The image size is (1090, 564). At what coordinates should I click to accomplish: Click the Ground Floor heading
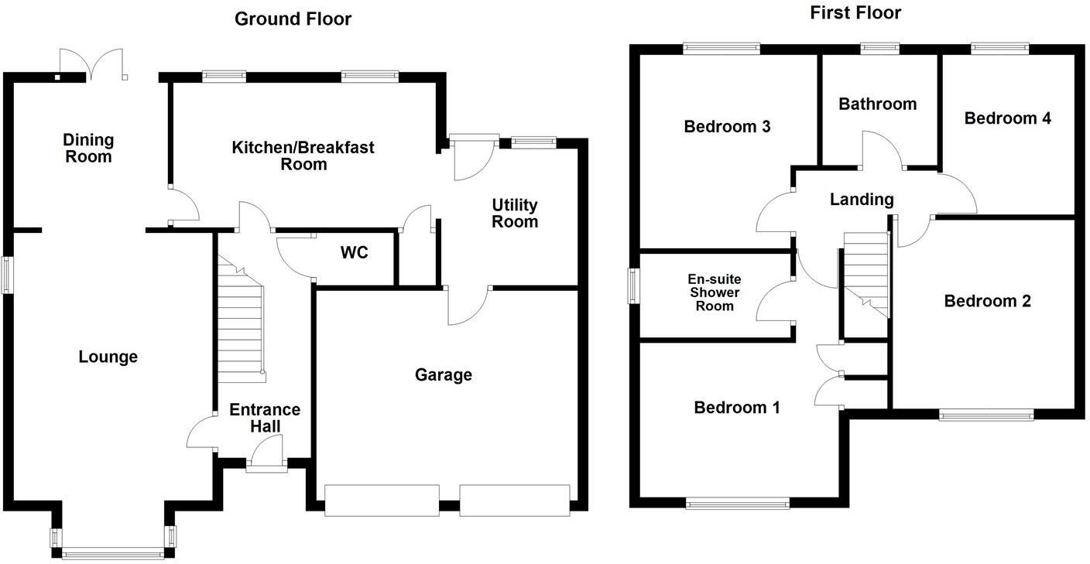[x=293, y=19]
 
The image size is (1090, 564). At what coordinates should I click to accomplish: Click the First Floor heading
[x=855, y=12]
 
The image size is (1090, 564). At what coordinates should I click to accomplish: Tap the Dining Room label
[x=88, y=148]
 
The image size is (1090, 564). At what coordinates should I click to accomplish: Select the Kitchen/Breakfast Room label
[x=303, y=155]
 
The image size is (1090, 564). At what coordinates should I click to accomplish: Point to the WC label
[x=354, y=253]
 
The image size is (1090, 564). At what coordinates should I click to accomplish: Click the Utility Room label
[x=515, y=213]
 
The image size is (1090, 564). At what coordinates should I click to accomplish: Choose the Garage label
[x=443, y=375]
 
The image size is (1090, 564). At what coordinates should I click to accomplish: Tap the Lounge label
[x=108, y=357]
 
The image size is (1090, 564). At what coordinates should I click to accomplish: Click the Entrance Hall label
[x=265, y=418]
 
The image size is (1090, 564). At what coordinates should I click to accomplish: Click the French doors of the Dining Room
[x=92, y=63]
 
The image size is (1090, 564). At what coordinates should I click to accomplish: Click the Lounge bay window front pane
[x=112, y=553]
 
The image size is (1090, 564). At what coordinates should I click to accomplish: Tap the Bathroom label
[x=877, y=104]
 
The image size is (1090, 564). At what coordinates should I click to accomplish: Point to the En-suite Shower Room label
[x=714, y=292]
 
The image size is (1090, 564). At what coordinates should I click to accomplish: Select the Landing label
[x=862, y=200]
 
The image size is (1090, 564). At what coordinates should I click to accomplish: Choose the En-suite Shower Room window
[x=633, y=285]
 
